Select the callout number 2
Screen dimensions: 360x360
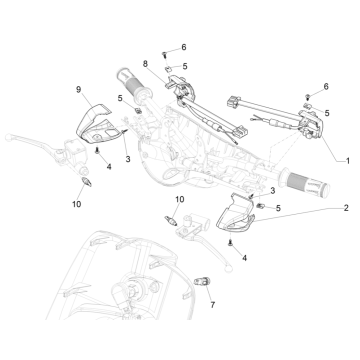click(x=346, y=210)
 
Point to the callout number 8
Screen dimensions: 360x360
click(x=147, y=64)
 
